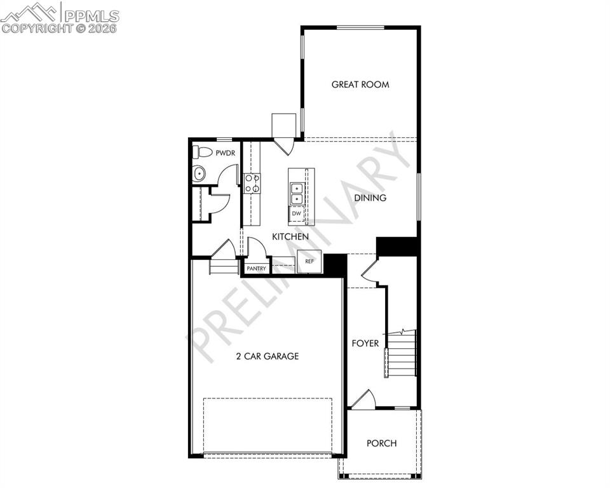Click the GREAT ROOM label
click(x=360, y=85)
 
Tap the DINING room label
click(x=370, y=198)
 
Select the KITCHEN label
click(x=290, y=236)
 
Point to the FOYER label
click(x=365, y=344)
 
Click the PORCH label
click(x=381, y=443)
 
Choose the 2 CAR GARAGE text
click(x=267, y=356)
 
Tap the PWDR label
click(x=226, y=153)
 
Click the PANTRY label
click(x=257, y=268)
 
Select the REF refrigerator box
click(x=309, y=261)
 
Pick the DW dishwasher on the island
click(x=296, y=214)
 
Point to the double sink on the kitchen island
click(x=296, y=193)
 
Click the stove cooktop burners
click(x=252, y=184)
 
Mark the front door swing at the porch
click(x=364, y=400)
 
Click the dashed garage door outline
click(x=268, y=425)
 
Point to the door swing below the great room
click(x=284, y=146)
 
